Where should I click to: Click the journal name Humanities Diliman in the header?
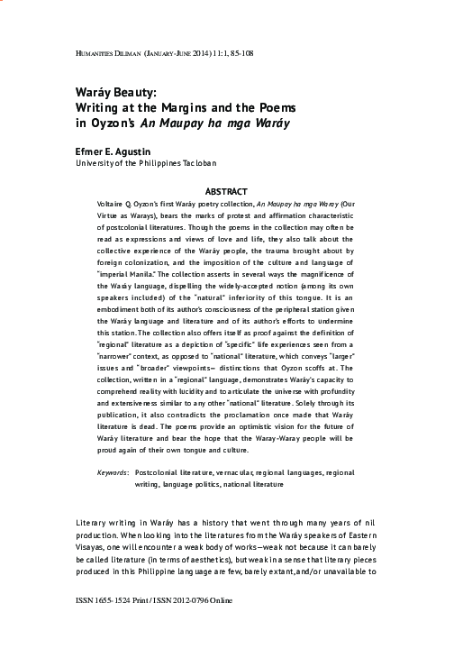pos(99,54)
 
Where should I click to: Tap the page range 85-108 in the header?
pos(234,54)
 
